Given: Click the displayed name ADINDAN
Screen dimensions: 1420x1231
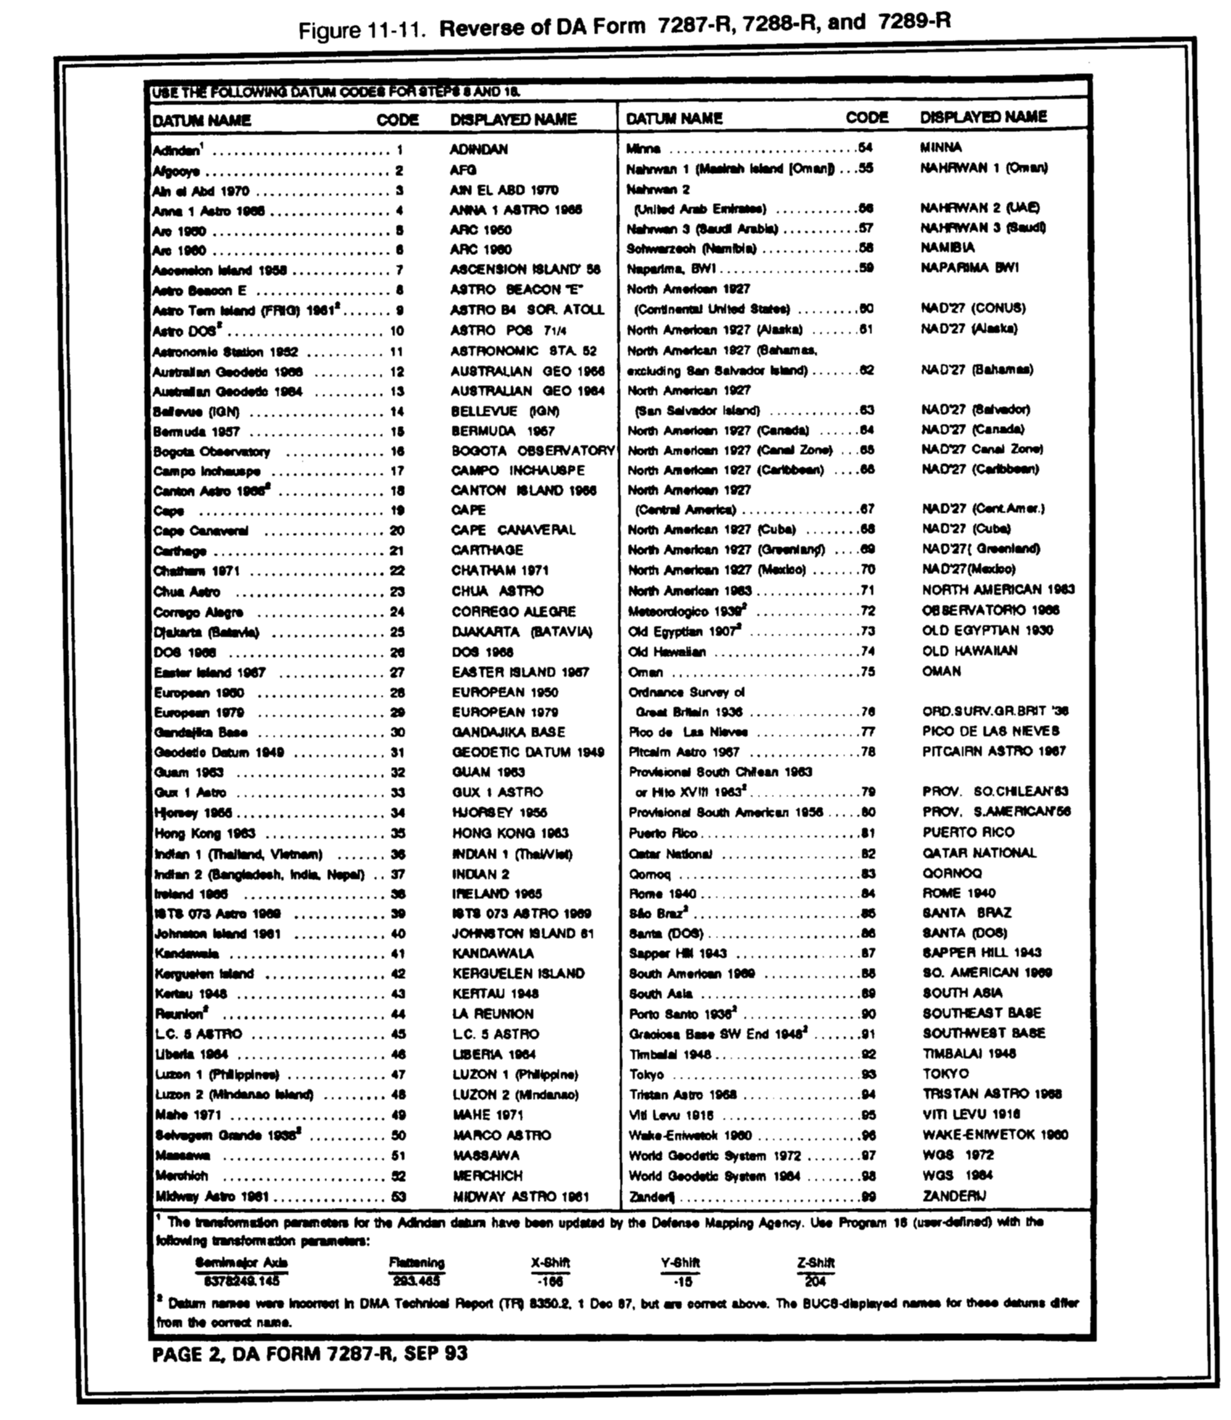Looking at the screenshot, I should (x=479, y=149).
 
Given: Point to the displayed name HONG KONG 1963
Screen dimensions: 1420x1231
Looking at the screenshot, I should (x=510, y=834).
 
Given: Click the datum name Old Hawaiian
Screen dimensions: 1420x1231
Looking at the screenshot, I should (x=667, y=651).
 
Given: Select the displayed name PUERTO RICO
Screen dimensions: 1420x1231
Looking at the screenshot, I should (x=968, y=832).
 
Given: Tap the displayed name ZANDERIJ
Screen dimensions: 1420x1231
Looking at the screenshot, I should (x=954, y=1196).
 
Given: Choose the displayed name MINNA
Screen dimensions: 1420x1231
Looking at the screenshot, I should (x=941, y=148).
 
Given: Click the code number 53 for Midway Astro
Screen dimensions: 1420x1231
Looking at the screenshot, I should (x=399, y=1197).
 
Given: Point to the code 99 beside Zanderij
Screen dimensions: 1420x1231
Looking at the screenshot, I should (x=868, y=1197).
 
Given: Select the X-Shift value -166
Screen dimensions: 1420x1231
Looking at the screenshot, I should (x=549, y=1281).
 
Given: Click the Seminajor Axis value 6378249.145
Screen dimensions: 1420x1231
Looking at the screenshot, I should (x=242, y=1281).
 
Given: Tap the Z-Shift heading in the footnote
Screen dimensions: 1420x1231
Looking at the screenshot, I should (x=815, y=1263).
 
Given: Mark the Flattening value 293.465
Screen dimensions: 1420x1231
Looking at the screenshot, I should (x=416, y=1281).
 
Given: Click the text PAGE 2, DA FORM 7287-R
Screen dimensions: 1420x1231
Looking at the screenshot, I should (x=309, y=1353).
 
